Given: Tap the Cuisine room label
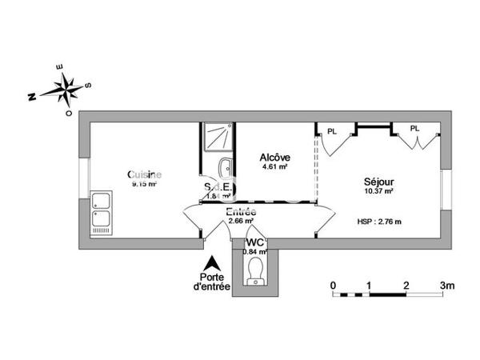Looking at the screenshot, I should click(x=145, y=174).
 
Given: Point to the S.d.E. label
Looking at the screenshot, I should click(x=218, y=186).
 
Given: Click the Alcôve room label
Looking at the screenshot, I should click(x=274, y=158).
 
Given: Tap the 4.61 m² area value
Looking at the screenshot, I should click(x=274, y=168).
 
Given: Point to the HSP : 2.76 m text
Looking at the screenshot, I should click(x=378, y=221).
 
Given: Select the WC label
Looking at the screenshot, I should click(x=255, y=242).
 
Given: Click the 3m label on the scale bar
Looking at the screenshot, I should click(x=446, y=285).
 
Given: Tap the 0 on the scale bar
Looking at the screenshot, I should click(x=333, y=285).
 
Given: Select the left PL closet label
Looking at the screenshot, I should click(x=331, y=129).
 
